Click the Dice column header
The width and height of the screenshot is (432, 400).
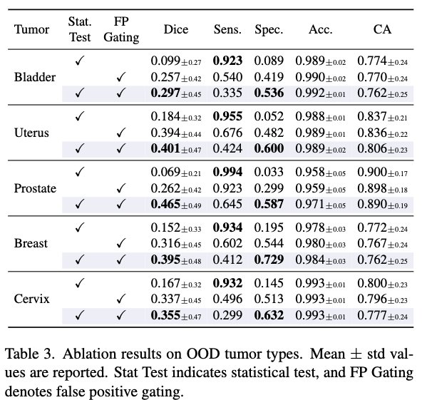[176, 30]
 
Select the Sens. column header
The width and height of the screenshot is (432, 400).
[227, 30]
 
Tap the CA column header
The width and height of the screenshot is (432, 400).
[382, 30]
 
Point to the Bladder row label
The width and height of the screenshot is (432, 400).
[35, 77]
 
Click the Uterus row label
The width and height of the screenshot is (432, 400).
[31, 132]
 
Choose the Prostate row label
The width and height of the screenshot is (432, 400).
[36, 188]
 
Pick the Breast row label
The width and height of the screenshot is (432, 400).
[31, 243]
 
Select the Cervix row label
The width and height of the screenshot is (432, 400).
[31, 299]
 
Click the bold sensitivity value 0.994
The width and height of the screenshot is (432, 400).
[228, 172]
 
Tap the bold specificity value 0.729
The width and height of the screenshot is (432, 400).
[269, 259]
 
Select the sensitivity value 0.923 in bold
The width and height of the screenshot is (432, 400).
[228, 61]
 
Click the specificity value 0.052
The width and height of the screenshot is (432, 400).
[269, 117]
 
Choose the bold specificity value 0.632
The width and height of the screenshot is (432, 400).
[269, 314]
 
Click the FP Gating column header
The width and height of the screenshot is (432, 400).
[121, 30]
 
